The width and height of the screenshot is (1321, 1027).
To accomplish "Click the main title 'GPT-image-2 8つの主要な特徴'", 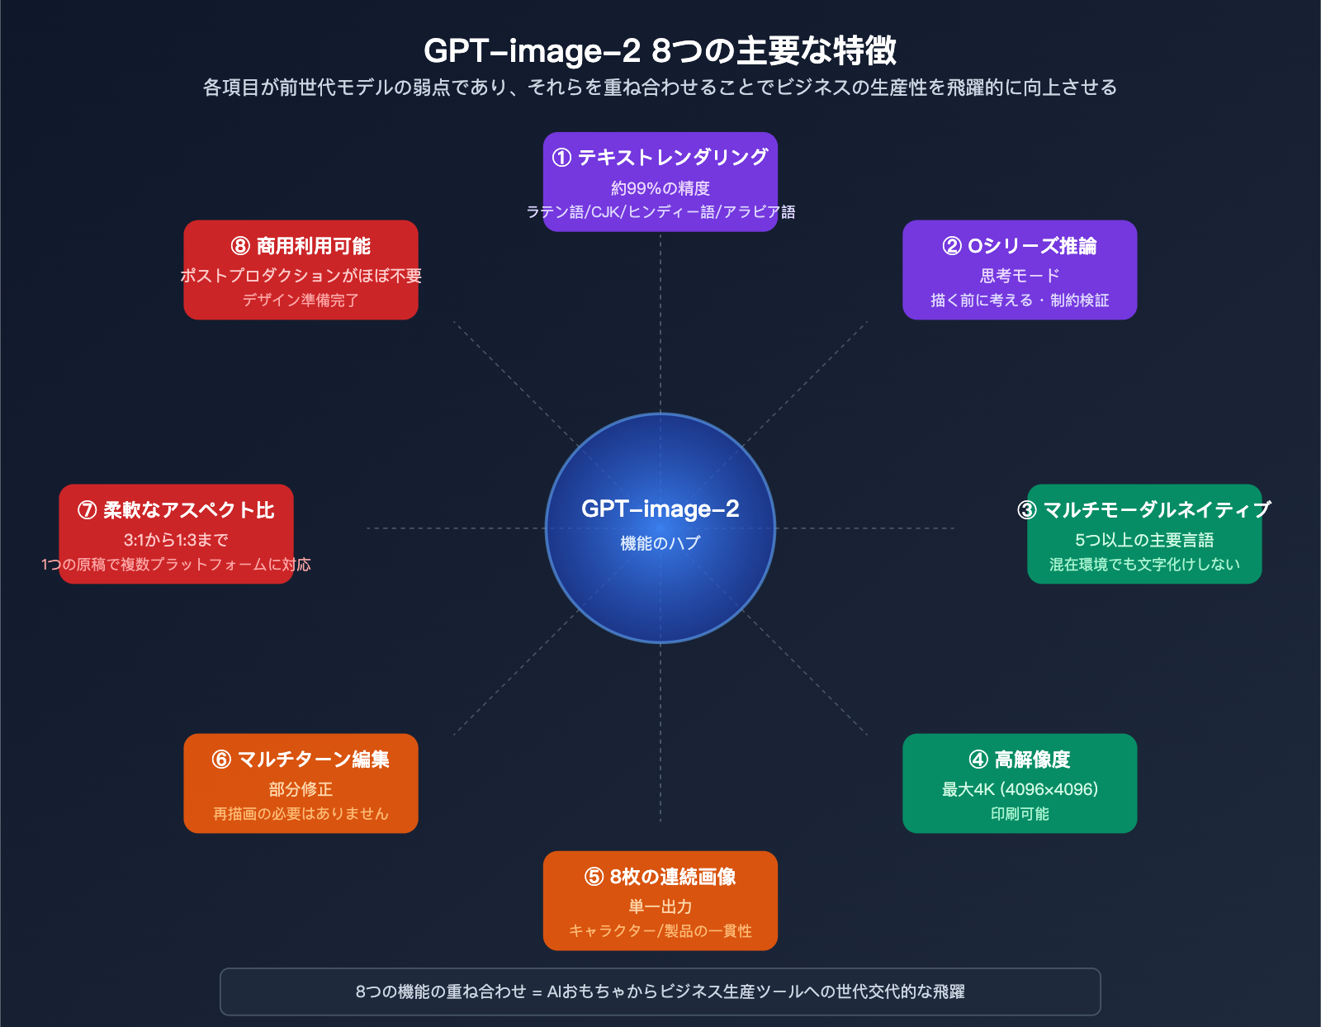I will tap(660, 50).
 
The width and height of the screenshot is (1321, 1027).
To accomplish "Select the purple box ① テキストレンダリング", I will tap(660, 182).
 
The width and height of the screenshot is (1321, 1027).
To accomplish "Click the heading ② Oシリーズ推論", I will tap(1020, 246).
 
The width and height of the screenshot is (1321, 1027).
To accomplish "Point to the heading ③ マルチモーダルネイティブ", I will tap(1143, 510).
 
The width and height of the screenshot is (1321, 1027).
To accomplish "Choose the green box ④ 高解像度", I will tap(1020, 783).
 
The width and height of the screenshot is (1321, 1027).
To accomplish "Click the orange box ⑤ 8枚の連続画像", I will tap(660, 900).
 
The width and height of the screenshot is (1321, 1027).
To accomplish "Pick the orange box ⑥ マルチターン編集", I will tap(301, 783).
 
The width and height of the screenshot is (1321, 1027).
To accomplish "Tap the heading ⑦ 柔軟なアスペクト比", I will tap(176, 510).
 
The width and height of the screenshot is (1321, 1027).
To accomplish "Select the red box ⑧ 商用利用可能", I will tap(301, 269).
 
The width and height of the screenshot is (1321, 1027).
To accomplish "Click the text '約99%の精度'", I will tap(660, 188).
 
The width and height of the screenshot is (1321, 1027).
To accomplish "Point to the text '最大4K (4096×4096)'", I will tap(1020, 789).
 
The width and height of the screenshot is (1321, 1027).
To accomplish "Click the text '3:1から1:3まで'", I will tap(176, 540).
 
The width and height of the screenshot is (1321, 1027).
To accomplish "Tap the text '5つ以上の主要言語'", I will tap(1143, 540).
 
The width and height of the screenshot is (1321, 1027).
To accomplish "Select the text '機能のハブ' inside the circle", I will tap(660, 543).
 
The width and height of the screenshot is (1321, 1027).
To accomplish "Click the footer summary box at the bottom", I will tap(660, 992).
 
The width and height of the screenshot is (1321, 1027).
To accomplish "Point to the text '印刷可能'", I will tap(1020, 814).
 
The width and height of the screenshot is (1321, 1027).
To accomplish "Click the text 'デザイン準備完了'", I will tap(301, 301).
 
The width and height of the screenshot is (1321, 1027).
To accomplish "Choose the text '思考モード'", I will tap(1020, 276).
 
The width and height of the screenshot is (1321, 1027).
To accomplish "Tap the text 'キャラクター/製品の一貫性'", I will tap(660, 931).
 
